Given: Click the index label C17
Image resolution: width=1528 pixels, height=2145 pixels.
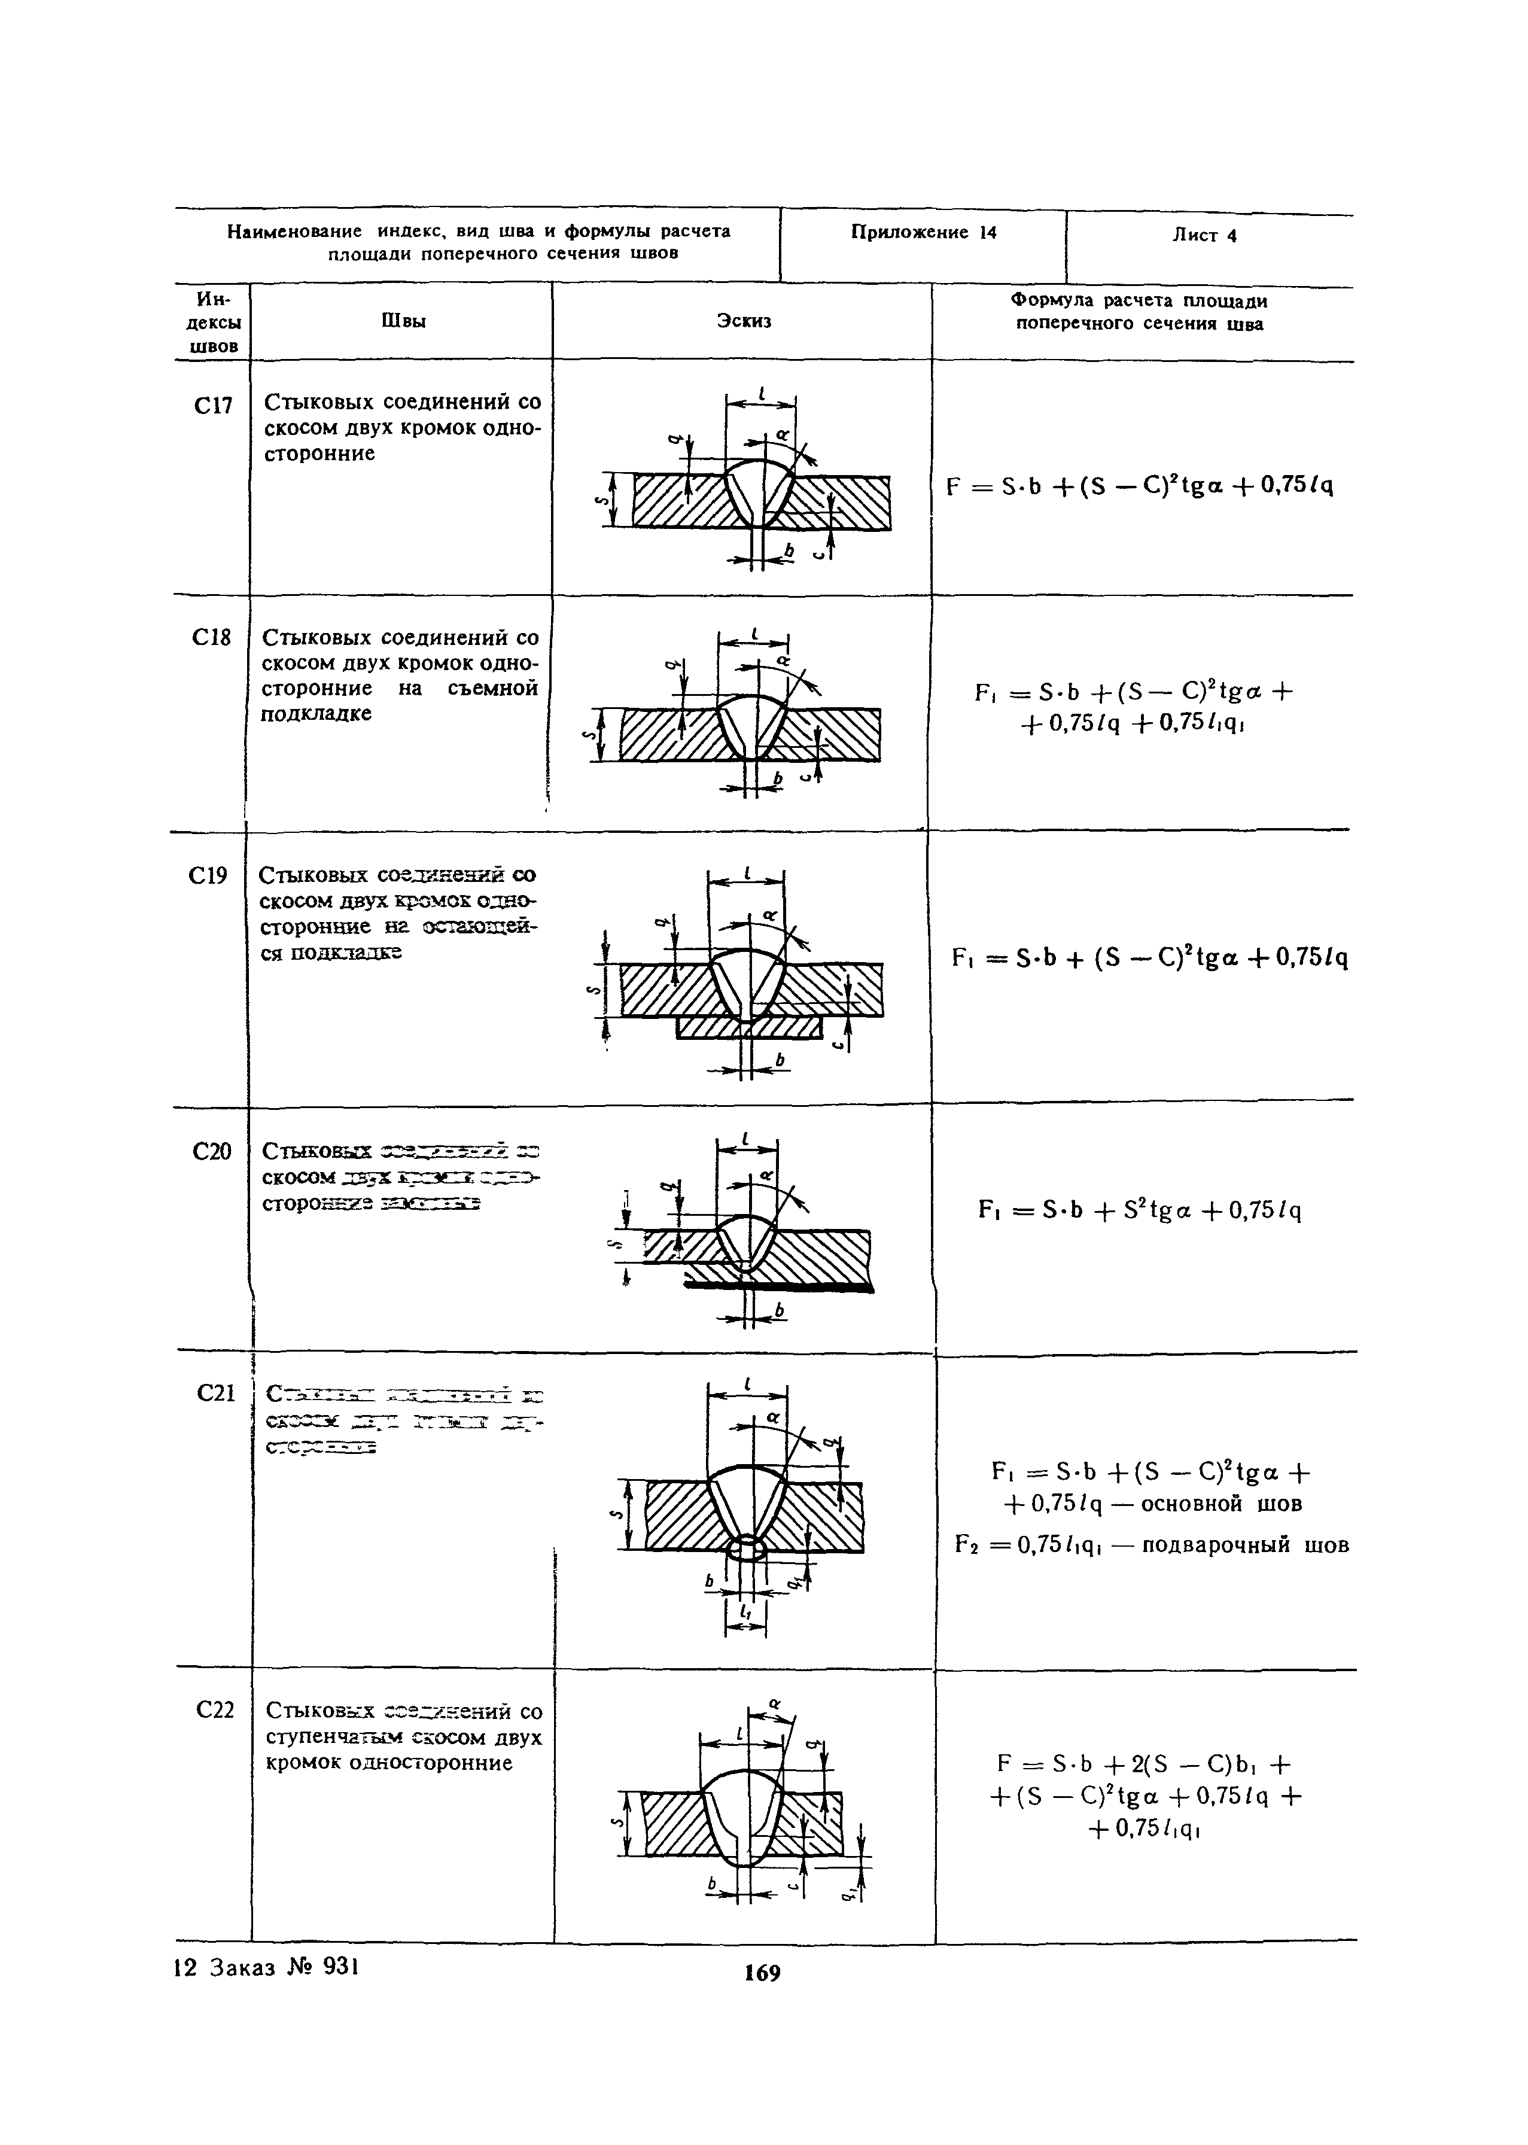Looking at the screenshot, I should [212, 406].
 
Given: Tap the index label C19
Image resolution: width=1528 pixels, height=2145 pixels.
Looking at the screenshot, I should [208, 877].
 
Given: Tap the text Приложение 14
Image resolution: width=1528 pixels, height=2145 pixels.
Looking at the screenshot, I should [923, 232].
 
